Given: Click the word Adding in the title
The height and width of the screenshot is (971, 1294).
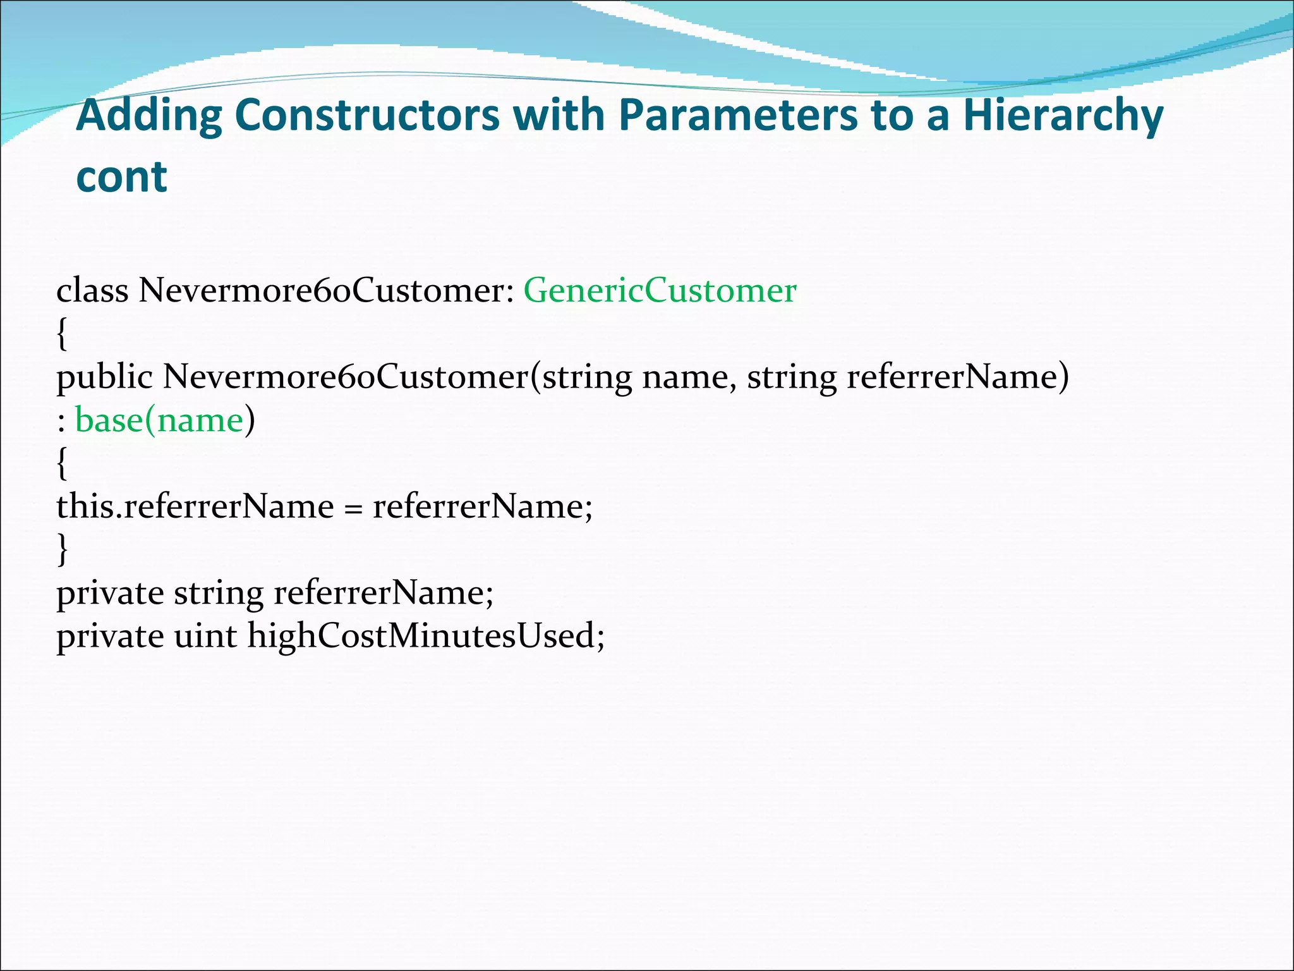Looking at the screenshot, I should tap(149, 116).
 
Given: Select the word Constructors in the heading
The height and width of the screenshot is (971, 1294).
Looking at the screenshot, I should tap(366, 116).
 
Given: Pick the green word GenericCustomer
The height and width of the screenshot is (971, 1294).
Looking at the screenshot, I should tap(660, 291).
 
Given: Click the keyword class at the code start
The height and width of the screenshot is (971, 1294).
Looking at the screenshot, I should tap(92, 291).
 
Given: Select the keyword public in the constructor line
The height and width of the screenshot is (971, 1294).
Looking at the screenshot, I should tap(104, 377).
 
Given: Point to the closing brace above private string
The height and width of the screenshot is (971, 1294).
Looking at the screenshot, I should tap(61, 549).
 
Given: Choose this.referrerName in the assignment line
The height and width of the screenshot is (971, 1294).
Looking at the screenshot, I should tap(195, 506).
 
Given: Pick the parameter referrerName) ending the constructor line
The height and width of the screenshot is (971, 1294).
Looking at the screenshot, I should tap(958, 377).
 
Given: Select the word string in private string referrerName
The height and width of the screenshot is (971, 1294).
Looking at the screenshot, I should tap(219, 594).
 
